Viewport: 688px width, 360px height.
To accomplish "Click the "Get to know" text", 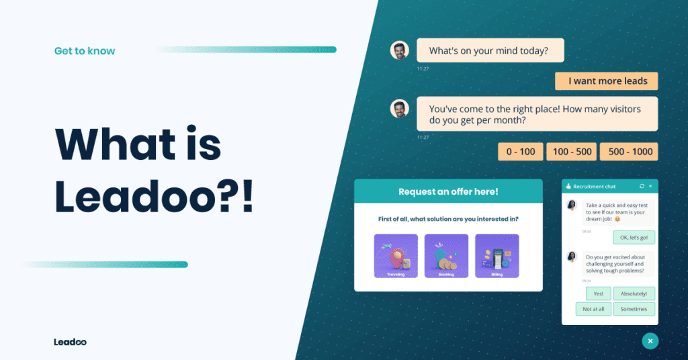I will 85,51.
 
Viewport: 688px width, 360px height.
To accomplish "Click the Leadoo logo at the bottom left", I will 70,342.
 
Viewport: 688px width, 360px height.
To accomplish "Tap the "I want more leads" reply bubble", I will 606,81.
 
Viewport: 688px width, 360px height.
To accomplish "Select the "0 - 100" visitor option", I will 520,152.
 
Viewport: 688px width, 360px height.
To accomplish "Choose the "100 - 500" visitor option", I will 572,152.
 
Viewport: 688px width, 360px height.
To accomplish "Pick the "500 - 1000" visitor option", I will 630,152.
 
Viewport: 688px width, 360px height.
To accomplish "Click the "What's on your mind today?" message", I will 490,50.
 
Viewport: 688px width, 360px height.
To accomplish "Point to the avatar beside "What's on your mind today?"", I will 400,50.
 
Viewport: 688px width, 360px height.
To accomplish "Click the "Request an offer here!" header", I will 448,191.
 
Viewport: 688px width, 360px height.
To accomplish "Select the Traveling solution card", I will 396,256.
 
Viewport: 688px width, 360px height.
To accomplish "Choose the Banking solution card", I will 446,256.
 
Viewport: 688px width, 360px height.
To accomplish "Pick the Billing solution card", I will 497,256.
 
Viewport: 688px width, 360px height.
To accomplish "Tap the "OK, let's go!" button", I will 634,237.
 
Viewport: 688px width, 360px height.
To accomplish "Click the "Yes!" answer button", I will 598,294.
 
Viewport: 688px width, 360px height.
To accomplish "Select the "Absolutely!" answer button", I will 634,294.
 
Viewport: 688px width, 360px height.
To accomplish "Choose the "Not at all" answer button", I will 593,309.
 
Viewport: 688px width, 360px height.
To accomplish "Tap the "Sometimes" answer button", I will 634,309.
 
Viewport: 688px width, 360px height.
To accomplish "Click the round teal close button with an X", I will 650,341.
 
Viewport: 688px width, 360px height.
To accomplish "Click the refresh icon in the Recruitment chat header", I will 642,186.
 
